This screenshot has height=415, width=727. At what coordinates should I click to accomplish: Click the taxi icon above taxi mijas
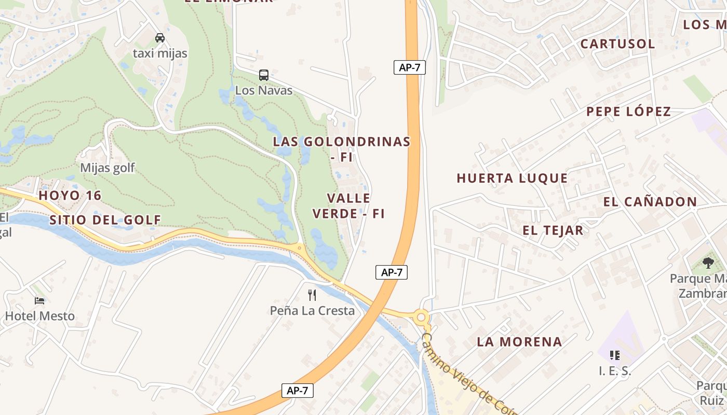click(x=160, y=38)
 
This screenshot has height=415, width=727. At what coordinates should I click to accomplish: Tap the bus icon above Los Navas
click(x=264, y=75)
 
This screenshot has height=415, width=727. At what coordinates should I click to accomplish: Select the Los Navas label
click(x=264, y=90)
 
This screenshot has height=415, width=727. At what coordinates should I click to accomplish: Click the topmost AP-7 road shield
click(x=409, y=67)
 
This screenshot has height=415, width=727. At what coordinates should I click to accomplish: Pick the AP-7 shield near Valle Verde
click(x=392, y=272)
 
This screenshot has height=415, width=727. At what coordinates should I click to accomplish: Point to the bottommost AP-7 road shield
click(x=298, y=391)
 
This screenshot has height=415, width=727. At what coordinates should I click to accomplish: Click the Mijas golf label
click(x=107, y=168)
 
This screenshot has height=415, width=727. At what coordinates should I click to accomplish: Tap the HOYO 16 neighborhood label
click(x=70, y=196)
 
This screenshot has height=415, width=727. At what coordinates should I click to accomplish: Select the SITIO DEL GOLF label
click(x=105, y=220)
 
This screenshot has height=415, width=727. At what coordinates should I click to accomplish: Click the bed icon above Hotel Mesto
click(x=39, y=301)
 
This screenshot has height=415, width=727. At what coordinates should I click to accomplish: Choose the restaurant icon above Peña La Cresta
click(x=312, y=295)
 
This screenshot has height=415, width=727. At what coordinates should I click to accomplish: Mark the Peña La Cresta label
click(x=312, y=311)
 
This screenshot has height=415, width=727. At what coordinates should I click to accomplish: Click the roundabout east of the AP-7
click(x=422, y=316)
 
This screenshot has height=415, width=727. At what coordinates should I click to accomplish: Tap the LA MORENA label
click(x=519, y=342)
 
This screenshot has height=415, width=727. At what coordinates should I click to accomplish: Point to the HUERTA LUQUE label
click(x=512, y=178)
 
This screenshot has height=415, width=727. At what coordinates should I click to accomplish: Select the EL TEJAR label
click(x=553, y=230)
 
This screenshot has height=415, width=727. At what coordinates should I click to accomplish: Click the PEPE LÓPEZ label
click(x=628, y=112)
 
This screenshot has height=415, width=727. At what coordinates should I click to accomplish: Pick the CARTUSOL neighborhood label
click(x=617, y=44)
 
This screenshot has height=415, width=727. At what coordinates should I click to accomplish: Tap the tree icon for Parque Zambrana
click(x=708, y=263)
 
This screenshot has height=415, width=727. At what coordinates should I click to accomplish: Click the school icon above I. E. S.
click(x=615, y=355)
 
